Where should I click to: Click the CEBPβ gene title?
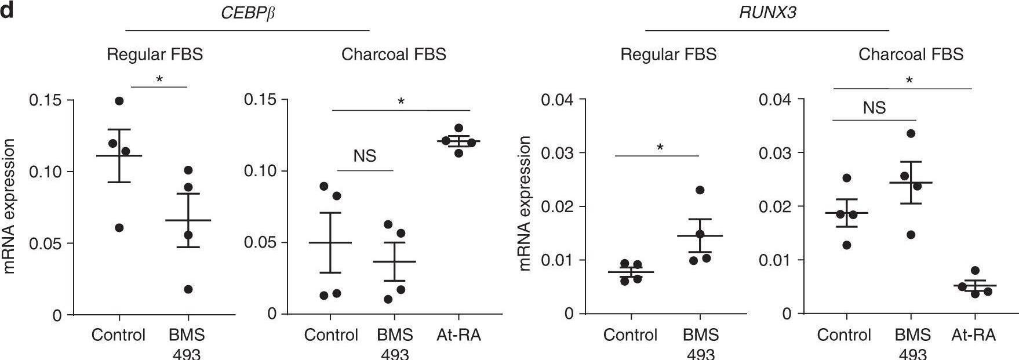coord(248,13)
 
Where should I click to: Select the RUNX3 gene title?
coord(767,13)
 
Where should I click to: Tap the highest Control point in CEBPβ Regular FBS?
coord(119,101)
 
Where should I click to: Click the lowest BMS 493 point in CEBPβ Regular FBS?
coord(188,289)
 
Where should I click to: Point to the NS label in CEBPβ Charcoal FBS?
coord(365,155)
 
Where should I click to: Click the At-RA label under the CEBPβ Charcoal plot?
coord(458,335)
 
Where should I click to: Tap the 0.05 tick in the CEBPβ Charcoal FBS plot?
coord(260,242)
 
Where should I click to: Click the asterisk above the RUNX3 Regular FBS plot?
coord(660,147)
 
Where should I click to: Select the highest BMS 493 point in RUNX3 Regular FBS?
coord(700,190)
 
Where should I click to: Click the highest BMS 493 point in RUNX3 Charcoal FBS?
coord(911,133)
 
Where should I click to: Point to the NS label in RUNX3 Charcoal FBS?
coord(874,108)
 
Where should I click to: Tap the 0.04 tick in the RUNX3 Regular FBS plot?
coord(557,100)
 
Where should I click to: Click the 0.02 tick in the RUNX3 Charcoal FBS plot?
coord(775,206)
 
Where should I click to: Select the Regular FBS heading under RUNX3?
coord(668,54)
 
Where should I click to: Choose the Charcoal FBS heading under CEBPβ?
coord(394,54)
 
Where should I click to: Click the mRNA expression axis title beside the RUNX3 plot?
coord(525,203)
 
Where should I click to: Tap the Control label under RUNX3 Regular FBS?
coord(630,335)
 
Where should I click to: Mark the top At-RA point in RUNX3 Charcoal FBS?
coord(975,271)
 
